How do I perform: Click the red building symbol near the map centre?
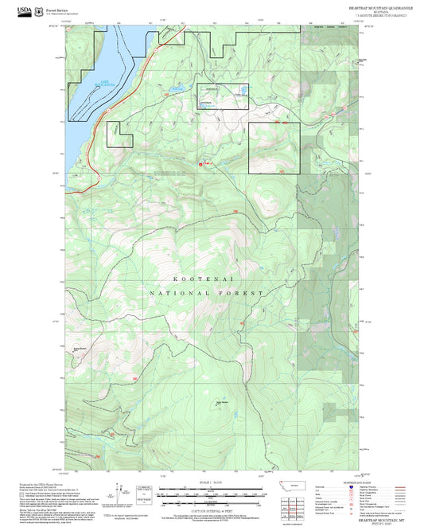tap(200, 164)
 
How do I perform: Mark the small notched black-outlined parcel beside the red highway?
tap(120, 134)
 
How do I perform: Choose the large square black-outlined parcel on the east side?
tap(274, 148)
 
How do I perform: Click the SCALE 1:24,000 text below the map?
tap(212, 482)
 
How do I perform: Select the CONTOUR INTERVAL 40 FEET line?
tap(212, 509)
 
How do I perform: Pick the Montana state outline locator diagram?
tap(298, 485)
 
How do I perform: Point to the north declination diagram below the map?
tap(143, 491)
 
